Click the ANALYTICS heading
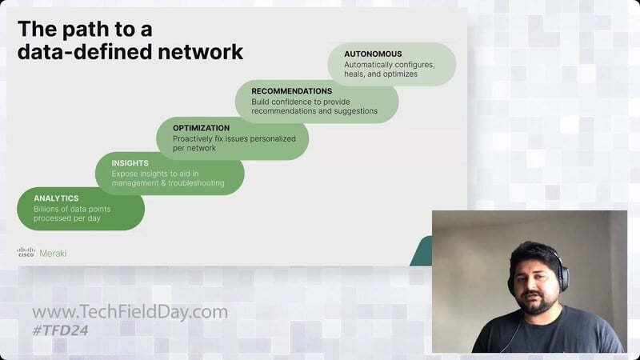56,198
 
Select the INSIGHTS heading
130,163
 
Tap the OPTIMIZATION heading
202,128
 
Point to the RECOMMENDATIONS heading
292,91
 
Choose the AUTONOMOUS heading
373,54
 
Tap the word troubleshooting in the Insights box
197,183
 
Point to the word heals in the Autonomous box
354,74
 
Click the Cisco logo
26,252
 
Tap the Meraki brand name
53,254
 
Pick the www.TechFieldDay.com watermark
130,312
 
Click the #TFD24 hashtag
61,330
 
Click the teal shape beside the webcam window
422,250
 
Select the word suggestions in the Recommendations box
356,111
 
